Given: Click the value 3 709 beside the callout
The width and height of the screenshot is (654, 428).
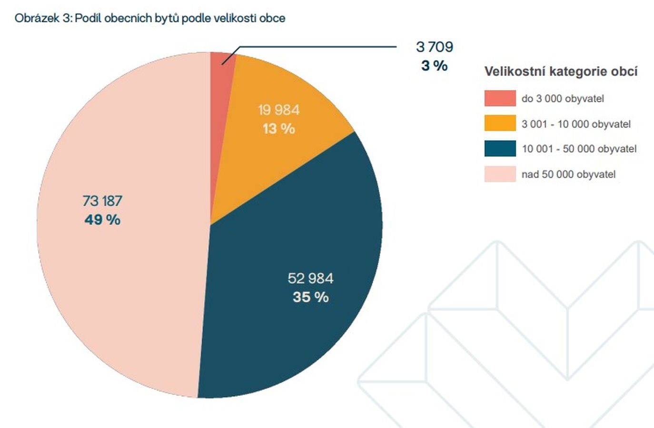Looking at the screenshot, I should (x=434, y=47).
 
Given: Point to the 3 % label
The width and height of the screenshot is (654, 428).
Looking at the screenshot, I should (x=434, y=65).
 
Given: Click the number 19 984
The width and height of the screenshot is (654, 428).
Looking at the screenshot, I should (x=279, y=110).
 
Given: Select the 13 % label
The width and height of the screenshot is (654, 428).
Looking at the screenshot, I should (x=279, y=128).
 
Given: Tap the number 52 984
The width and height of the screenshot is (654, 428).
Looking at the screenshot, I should (x=310, y=278).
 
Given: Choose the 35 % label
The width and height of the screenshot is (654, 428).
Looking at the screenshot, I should (x=310, y=297).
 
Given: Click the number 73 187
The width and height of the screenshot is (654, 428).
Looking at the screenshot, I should (x=102, y=201).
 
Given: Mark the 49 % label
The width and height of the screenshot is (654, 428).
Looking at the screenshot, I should (x=102, y=219).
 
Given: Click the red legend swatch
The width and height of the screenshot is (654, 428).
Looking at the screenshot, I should (x=500, y=98).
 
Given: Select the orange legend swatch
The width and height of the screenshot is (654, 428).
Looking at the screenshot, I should (x=500, y=123).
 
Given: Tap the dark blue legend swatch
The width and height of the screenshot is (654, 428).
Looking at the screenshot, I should (x=500, y=148).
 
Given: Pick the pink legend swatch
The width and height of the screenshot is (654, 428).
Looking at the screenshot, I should (x=500, y=174).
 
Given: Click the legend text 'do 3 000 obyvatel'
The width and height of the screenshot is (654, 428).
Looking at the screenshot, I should (x=563, y=98).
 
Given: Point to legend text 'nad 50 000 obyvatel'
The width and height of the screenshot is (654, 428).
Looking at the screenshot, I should (x=568, y=174).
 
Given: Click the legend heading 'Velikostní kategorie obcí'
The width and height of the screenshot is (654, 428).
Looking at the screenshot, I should (x=561, y=71).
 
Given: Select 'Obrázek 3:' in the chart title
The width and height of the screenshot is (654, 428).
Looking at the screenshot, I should (x=43, y=18).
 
